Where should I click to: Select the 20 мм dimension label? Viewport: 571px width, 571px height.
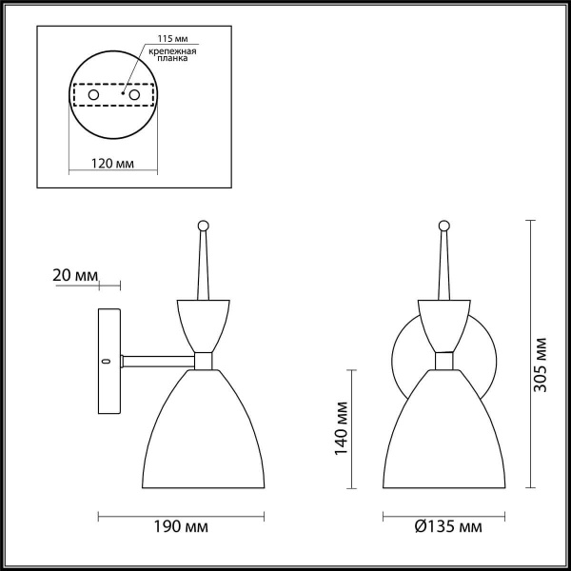[74, 275]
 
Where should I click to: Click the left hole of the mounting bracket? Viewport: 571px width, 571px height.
[93, 96]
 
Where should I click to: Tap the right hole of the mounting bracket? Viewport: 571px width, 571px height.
[136, 96]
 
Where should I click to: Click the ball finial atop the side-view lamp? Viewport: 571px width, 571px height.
[202, 226]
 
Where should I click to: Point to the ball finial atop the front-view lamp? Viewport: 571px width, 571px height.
[443, 226]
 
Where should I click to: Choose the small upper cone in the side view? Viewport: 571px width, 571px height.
[203, 324]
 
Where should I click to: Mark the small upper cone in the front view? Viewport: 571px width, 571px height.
[443, 324]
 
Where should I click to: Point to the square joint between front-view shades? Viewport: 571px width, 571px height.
[443, 361]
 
